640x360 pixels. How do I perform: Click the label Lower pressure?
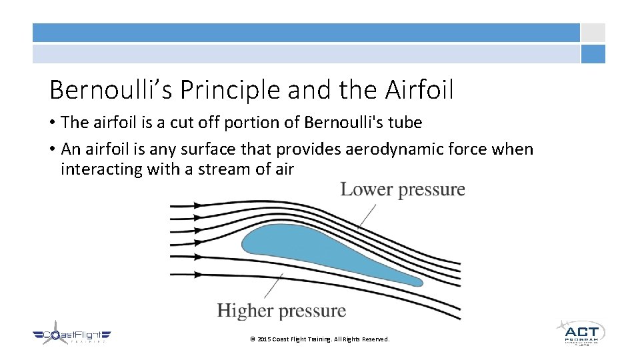tap(403, 189)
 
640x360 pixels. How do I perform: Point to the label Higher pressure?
tap(281, 311)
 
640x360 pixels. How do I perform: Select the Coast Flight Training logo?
tap(71, 336)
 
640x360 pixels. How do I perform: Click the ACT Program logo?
tap(581, 332)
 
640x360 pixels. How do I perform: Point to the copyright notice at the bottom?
tap(319, 339)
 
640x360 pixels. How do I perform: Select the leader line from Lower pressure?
tap(366, 217)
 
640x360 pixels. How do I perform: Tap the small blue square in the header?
tap(593, 54)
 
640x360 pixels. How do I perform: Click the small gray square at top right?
tap(593, 33)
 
